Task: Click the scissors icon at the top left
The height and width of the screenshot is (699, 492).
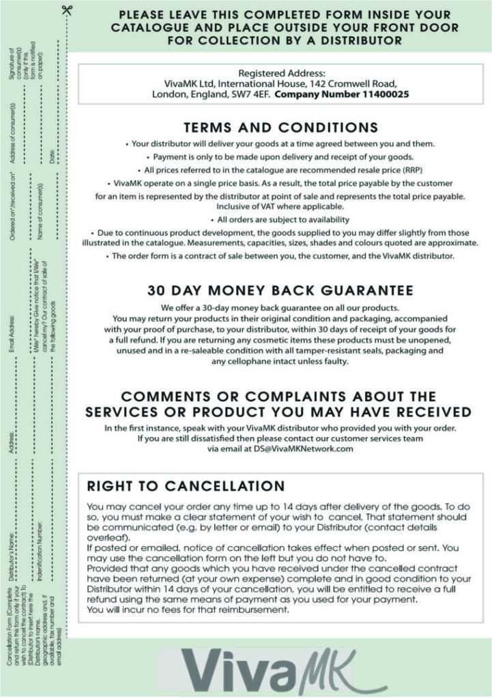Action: pyautogui.click(x=66, y=10)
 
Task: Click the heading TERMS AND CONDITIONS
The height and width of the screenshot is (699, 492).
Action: pyautogui.click(x=280, y=128)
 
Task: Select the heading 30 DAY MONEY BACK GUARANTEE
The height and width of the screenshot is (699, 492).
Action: pyautogui.click(x=280, y=289)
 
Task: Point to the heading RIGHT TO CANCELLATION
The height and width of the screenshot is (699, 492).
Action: pyautogui.click(x=186, y=486)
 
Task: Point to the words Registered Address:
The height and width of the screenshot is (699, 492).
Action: pyautogui.click(x=280, y=73)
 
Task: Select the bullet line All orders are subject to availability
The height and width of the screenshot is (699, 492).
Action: pyautogui.click(x=280, y=220)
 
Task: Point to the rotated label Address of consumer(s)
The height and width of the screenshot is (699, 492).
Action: pyautogui.click(x=12, y=135)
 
